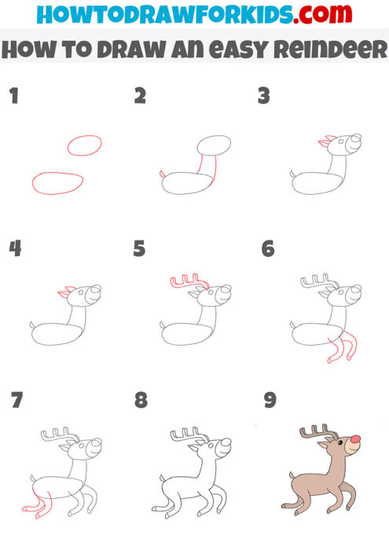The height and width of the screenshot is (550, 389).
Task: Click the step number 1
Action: coord(13,97)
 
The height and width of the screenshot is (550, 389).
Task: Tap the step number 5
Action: coord(140,249)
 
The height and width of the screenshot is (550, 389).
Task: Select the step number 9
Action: coord(270,401)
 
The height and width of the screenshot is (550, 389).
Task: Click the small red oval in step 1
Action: coord(84,145)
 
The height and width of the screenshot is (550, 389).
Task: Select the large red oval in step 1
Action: coord(57,182)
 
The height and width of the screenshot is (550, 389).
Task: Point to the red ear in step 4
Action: coord(62,293)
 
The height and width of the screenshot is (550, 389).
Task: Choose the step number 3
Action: coord(264,97)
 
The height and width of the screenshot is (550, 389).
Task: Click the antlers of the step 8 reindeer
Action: coord(187,432)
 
